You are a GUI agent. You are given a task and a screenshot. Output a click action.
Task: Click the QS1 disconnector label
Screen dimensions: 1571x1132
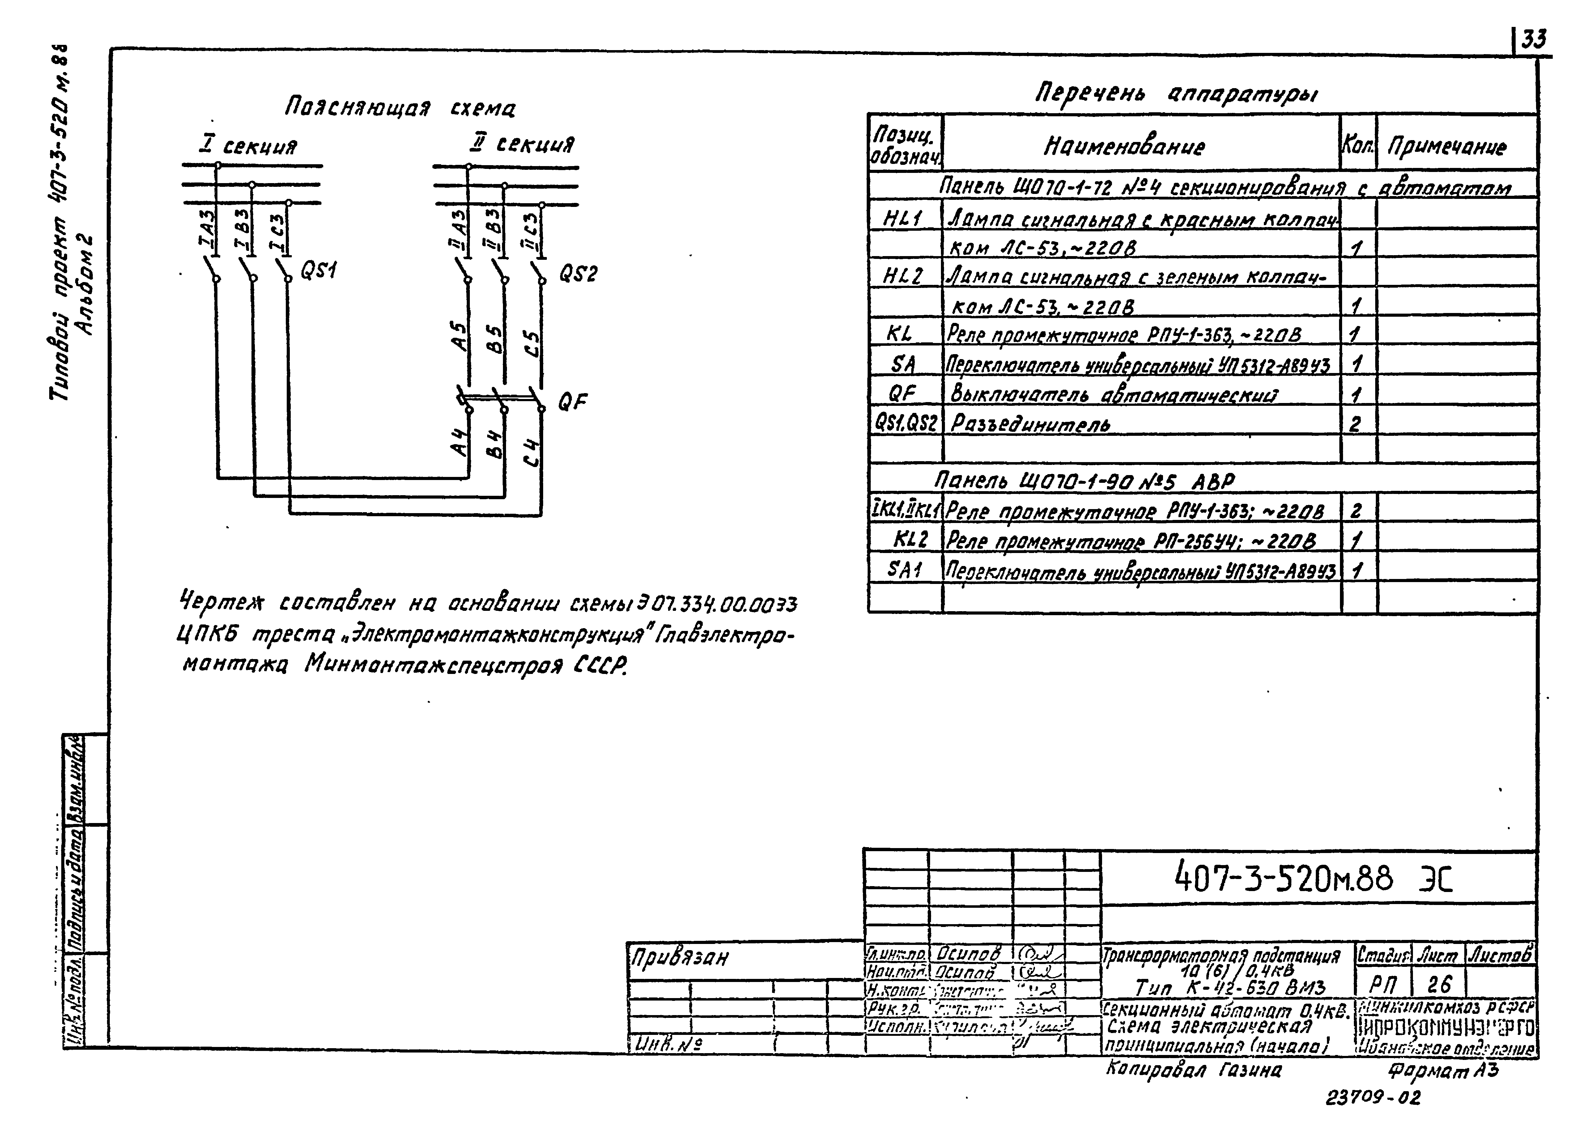coord(318,271)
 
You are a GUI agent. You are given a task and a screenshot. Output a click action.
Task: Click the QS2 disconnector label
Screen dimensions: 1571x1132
coord(578,275)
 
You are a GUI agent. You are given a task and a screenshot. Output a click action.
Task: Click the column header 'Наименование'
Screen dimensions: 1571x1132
coord(1124,146)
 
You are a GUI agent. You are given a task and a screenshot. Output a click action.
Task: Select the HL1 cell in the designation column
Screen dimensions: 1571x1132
coord(903,219)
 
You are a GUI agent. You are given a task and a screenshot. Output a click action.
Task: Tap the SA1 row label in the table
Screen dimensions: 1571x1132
coord(905,569)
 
